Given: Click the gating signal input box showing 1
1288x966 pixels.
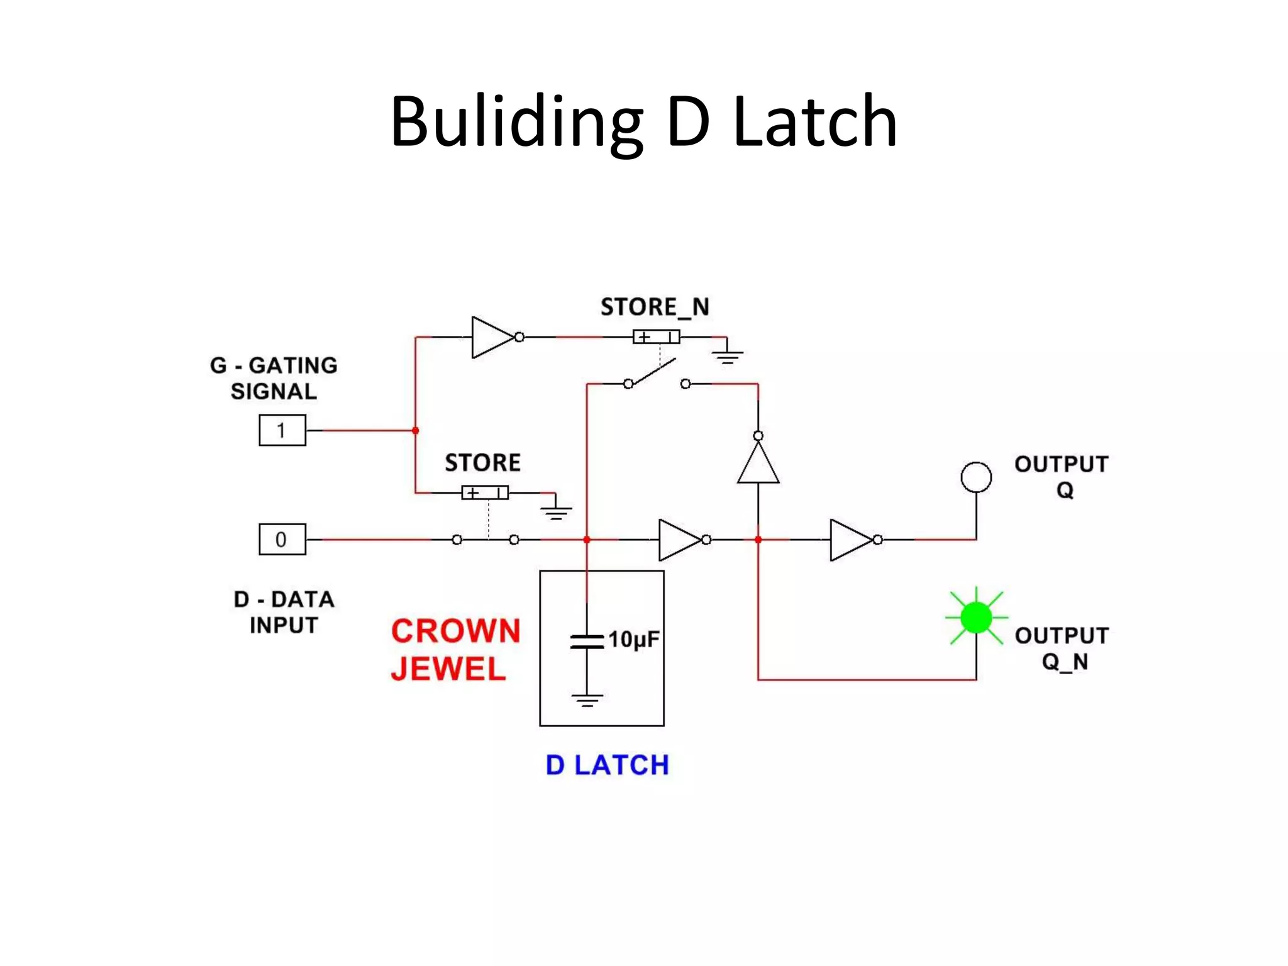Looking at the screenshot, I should pos(282,430).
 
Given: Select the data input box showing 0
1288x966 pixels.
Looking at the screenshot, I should pos(282,539).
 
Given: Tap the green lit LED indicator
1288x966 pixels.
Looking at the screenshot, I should pos(976,617).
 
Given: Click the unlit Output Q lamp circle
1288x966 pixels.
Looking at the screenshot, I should pos(976,477).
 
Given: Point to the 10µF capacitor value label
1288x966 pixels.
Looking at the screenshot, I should pos(633,640).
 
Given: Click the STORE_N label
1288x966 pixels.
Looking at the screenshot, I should pos(655,307).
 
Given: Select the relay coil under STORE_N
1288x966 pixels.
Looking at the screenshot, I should pos(656,337).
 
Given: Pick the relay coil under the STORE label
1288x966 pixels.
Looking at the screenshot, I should pos(485,492).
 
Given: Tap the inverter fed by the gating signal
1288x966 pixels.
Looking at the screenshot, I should pos(492,337).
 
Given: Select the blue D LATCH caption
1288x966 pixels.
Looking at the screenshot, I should pos(607,765).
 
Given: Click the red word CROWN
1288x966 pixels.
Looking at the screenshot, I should pos(456,631).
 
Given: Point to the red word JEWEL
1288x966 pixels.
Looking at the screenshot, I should pos(448,669).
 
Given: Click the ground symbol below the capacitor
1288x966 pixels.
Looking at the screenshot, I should pos(587,700).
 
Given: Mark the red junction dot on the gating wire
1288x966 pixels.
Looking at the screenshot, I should pos(416,431).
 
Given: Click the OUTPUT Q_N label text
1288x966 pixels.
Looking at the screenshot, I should pos(1062,648).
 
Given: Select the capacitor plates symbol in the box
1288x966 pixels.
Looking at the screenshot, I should pos(587,641).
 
